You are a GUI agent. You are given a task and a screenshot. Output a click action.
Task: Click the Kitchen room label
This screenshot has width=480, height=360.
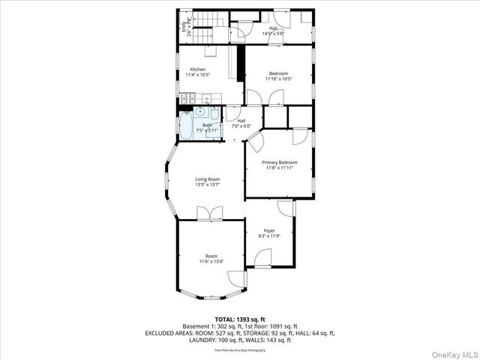click(197, 70)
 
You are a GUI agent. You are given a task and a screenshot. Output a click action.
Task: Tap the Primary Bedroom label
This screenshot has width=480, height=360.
click(279, 163)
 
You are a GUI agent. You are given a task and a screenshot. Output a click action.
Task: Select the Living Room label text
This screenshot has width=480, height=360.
click(207, 179)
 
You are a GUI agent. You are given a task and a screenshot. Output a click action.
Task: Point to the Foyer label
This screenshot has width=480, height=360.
click(269, 230)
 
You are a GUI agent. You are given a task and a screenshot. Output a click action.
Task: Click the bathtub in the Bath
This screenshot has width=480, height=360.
click(184, 126)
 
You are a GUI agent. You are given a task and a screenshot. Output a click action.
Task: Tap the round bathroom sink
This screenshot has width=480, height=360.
click(201, 112)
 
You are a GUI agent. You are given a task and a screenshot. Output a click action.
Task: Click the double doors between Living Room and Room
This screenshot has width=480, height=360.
click(207, 215)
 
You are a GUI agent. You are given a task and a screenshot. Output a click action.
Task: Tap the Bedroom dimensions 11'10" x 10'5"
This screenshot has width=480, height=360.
click(279, 79)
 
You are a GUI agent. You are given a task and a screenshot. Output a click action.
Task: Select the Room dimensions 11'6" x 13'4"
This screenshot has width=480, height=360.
click(211, 261)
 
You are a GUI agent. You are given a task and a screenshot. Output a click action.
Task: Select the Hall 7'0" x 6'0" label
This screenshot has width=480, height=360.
click(241, 123)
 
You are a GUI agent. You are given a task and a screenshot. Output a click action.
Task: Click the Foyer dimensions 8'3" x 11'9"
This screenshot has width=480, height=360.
click(269, 236)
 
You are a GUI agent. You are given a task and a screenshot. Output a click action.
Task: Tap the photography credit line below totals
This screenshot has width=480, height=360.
click(240, 349)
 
